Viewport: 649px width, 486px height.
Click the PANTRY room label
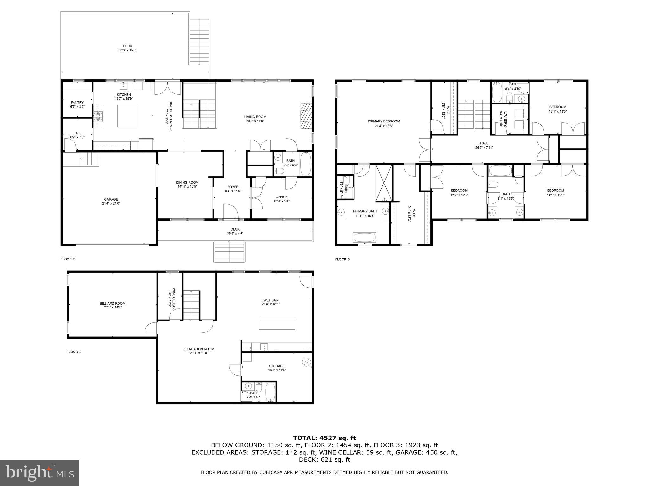[77, 103]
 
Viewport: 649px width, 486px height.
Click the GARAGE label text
[111, 199]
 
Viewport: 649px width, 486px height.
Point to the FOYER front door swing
[231, 211]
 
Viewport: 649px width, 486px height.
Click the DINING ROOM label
[187, 182]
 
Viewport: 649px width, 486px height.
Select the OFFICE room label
[281, 197]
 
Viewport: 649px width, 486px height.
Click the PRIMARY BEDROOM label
[384, 121]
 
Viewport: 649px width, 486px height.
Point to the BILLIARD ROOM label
[112, 303]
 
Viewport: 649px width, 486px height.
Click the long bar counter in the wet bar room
[277, 323]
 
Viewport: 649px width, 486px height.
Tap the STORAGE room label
[277, 366]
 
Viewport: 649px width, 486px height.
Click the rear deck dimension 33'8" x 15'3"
[127, 50]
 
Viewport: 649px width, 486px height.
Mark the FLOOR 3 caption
[342, 259]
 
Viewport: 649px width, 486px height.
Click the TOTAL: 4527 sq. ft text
[324, 438]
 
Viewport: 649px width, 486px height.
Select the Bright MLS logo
[40, 473]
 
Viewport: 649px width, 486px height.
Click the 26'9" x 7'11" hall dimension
[484, 148]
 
